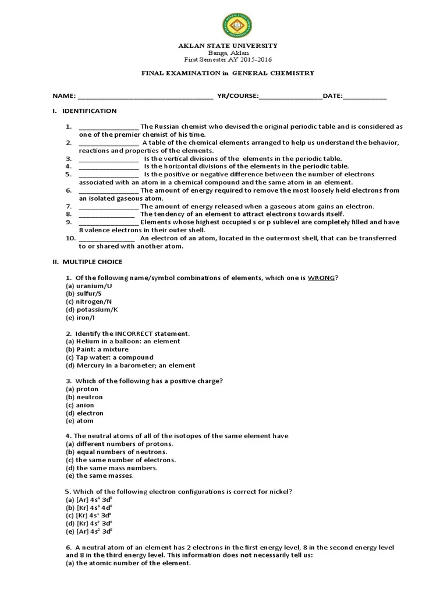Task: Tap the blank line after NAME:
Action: [145, 95]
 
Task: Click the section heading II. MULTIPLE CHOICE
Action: [87, 262]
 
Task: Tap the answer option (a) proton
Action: [82, 389]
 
